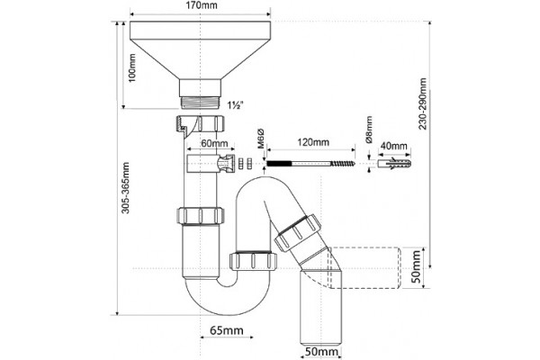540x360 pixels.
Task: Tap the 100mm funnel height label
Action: (132, 67)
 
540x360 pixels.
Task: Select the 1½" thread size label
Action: (236, 105)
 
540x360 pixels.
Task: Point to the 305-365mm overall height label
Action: (126, 188)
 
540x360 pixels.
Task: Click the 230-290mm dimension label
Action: (423, 103)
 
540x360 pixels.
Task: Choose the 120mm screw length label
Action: (313, 142)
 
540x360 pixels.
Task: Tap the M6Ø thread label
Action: (261, 138)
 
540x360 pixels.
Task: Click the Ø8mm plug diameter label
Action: (369, 130)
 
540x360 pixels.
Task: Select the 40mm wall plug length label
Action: (393, 146)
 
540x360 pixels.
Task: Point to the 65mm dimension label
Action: (227, 331)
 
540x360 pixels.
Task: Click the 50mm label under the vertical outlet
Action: (321, 352)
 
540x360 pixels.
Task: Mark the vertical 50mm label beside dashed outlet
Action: (417, 266)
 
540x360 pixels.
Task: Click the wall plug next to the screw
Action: (394, 163)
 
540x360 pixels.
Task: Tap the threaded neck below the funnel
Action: (201, 103)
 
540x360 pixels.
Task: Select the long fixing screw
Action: (311, 163)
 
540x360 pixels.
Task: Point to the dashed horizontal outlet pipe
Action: (365, 267)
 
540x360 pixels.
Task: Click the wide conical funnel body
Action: (201, 50)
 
